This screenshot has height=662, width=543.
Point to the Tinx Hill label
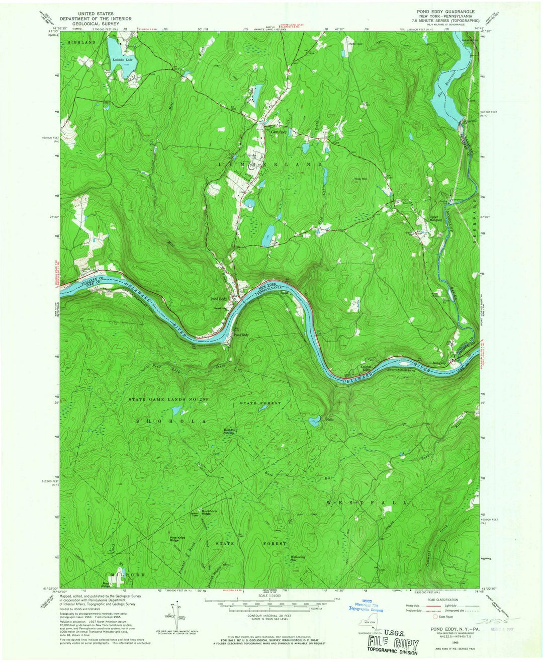[x=360, y=179]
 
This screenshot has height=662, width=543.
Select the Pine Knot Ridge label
[x=177, y=539]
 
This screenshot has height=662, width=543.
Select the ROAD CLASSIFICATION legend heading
[x=441, y=600]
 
